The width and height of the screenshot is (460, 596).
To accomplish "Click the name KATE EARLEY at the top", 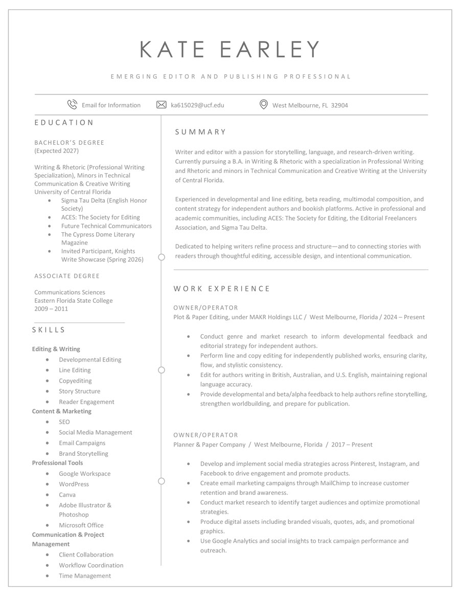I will pyautogui.click(x=230, y=49).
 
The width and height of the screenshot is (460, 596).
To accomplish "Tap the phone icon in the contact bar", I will pyautogui.click(x=72, y=105).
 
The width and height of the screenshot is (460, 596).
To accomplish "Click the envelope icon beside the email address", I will pyautogui.click(x=162, y=105).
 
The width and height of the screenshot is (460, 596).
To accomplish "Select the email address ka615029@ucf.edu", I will pyautogui.click(x=197, y=105).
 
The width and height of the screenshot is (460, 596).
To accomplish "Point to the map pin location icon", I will pyautogui.click(x=264, y=105).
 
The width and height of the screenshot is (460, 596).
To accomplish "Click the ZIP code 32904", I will pyautogui.click(x=339, y=105).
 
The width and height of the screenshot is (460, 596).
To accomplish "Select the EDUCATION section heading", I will pyautogui.click(x=64, y=123).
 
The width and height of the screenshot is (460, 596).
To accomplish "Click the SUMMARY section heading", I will pyautogui.click(x=200, y=132).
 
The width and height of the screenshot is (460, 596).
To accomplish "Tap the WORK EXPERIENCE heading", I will pyautogui.click(x=222, y=289).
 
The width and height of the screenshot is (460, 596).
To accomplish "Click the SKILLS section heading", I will pyautogui.click(x=49, y=330).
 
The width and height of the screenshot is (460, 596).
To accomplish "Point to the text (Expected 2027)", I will pyautogui.click(x=56, y=151).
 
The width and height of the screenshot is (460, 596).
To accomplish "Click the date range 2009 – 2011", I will pyautogui.click(x=51, y=308).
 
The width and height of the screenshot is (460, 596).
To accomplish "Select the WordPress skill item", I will pyautogui.click(x=74, y=484).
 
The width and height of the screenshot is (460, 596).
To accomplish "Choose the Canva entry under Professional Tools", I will pyautogui.click(x=67, y=495).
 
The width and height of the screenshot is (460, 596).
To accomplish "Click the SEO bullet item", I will pyautogui.click(x=64, y=422).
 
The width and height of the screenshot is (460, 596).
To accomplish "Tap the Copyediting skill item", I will pyautogui.click(x=75, y=381).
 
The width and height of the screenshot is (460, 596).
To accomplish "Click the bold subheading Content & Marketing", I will pyautogui.click(x=62, y=411).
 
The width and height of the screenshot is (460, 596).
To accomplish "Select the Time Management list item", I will pyautogui.click(x=85, y=576).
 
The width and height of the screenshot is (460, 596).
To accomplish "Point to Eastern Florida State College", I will pyautogui.click(x=74, y=300).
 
